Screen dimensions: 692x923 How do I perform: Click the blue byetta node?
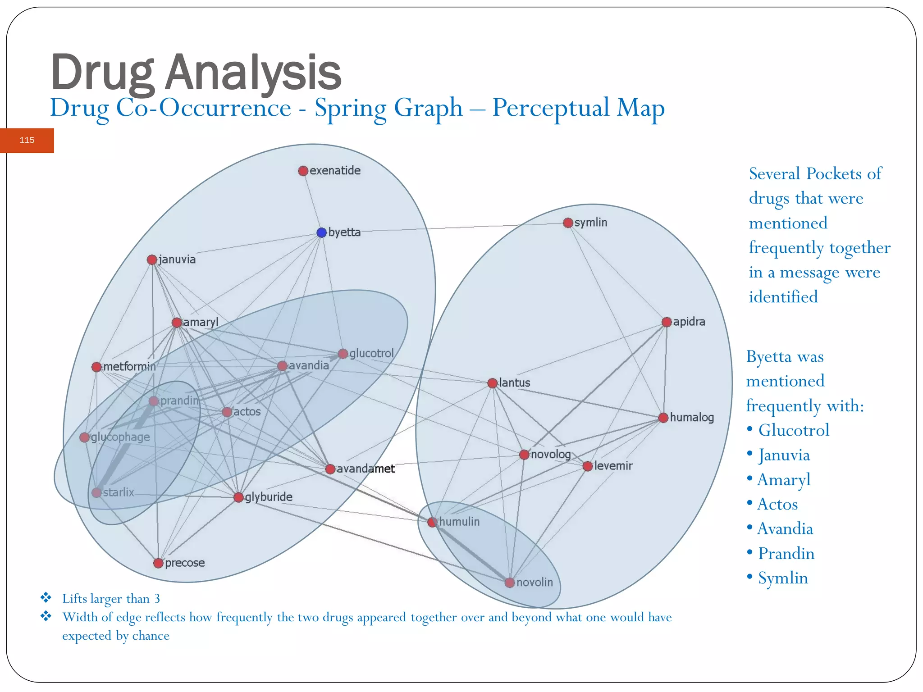[x=321, y=232]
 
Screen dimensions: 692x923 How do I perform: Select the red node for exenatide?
[x=303, y=171]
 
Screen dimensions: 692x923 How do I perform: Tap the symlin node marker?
[x=568, y=223]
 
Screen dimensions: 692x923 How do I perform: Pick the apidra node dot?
[x=667, y=322]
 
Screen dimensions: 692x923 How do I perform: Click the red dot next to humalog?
[x=663, y=418]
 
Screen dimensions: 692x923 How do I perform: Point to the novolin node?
[x=510, y=583]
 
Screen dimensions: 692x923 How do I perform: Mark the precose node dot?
[x=158, y=563]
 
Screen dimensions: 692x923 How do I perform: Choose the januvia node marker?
[x=152, y=260]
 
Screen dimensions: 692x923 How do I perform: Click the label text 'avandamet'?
[x=366, y=469]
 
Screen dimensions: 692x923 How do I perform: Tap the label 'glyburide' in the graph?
[x=269, y=497]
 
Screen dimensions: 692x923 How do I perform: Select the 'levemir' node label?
[x=613, y=466]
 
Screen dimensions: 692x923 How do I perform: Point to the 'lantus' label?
[x=514, y=383]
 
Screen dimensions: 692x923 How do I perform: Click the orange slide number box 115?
[x=27, y=140]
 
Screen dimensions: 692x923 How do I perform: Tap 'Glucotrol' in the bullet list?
[x=794, y=430]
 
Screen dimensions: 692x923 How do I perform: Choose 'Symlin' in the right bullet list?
[x=783, y=578]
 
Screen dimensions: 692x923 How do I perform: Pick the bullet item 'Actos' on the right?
[x=777, y=504]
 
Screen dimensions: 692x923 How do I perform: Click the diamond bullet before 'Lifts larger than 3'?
[x=46, y=598]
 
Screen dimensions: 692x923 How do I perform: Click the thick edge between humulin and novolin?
[x=471, y=552]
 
